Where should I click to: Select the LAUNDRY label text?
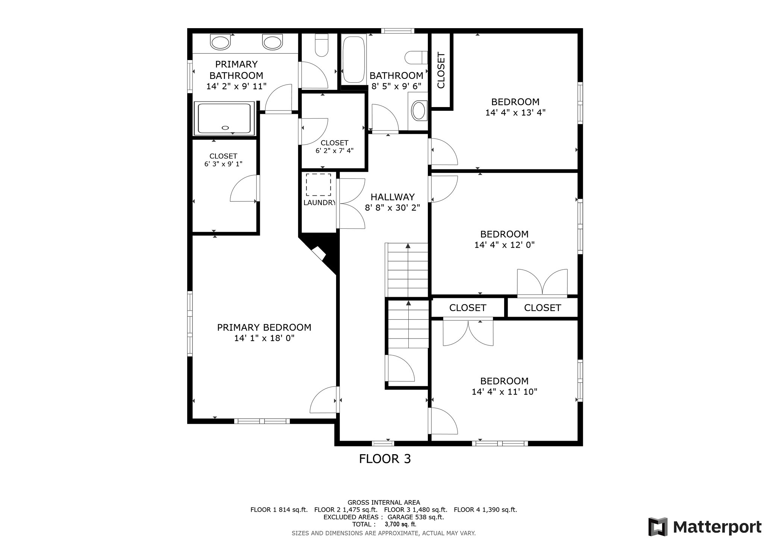tap(319, 203)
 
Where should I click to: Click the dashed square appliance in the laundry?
tap(318, 184)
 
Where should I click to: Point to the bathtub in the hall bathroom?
tap(354, 59)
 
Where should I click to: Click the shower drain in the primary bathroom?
tap(225, 127)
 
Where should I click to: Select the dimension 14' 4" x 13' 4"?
tap(515, 112)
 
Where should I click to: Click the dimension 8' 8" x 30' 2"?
tap(393, 207)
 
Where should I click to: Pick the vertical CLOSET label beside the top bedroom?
tap(441, 70)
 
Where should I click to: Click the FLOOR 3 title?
tap(385, 459)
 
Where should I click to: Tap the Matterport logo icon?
tap(658, 527)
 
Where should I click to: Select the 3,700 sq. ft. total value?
tap(400, 524)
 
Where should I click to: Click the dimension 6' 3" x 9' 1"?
tap(223, 164)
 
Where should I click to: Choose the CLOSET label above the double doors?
tap(468, 308)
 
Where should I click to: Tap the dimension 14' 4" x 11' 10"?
tap(505, 392)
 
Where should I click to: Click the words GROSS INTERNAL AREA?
tap(384, 502)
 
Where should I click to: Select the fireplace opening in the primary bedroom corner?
tap(318, 253)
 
